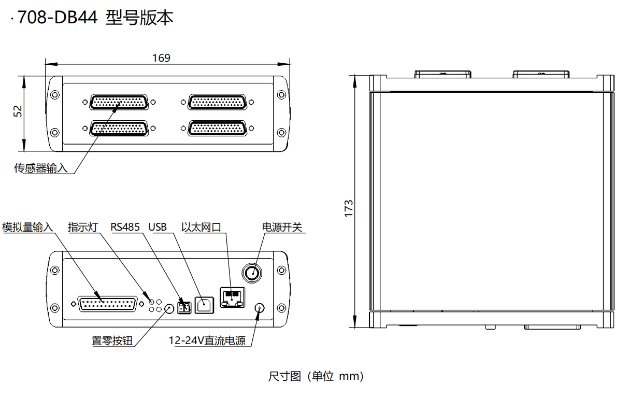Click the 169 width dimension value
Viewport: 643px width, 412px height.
[x=161, y=58]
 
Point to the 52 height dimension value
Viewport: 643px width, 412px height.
[x=18, y=111]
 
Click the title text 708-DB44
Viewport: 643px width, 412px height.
[x=58, y=18]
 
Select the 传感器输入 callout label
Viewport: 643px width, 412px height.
[x=40, y=168]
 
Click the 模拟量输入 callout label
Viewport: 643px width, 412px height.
[x=28, y=227]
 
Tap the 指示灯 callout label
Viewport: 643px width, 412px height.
[x=83, y=227]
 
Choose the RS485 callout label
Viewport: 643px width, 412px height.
[x=125, y=227]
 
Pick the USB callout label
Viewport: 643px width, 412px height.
[x=158, y=227]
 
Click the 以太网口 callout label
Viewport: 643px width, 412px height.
[x=201, y=227]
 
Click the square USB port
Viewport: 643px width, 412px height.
[x=204, y=305]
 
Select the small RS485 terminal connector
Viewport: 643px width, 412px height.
[x=183, y=308]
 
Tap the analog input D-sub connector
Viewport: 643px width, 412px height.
[x=108, y=305]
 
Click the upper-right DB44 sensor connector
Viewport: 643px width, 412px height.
[x=217, y=102]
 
